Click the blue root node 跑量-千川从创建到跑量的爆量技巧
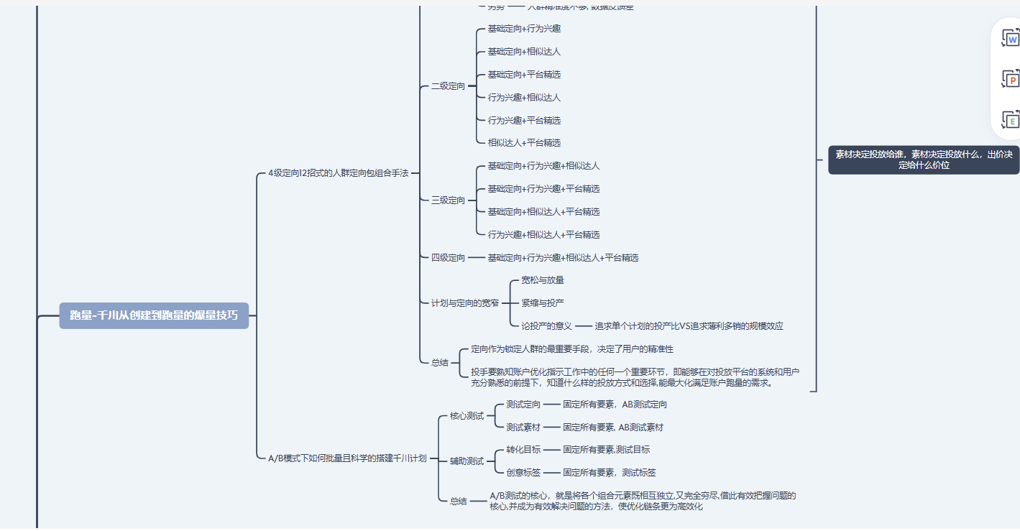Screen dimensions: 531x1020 pos(154,315)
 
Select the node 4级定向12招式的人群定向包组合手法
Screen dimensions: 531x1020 pos(338,173)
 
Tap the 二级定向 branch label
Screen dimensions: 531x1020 pos(448,86)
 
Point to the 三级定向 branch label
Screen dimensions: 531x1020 pos(448,200)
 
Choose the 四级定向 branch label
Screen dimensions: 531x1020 pos(448,257)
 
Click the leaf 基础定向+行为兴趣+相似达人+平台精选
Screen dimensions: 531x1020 pos(563,257)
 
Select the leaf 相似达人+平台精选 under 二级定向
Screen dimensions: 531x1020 pos(524,143)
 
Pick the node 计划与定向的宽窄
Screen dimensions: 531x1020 pos(464,303)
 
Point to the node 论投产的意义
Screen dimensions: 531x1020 pos(546,326)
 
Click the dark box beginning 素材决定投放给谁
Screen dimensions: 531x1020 pos(923,160)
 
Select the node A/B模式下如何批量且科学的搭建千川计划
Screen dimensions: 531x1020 pos(347,458)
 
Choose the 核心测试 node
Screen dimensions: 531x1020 pos(467,416)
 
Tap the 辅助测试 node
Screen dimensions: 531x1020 pos(467,461)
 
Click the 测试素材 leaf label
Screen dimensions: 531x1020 pos(523,428)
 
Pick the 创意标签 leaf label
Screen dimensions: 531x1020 pos(523,473)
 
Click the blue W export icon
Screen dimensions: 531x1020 pos(1011,38)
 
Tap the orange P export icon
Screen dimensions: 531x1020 pos(1011,79)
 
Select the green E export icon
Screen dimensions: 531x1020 pos(1011,120)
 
